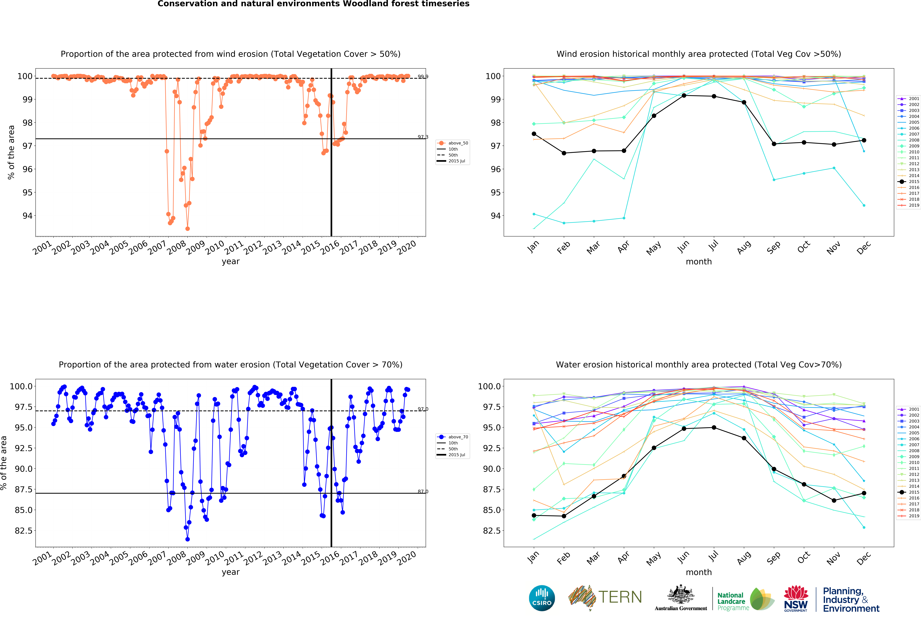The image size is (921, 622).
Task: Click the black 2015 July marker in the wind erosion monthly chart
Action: [714, 96]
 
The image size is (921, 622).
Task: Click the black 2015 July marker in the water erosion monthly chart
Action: [714, 428]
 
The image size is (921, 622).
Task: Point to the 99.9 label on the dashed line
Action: [423, 76]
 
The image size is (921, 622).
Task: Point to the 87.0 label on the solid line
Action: [423, 491]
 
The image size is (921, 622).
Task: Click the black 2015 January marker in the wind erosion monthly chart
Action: [534, 134]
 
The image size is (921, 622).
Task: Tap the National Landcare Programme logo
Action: [745, 598]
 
